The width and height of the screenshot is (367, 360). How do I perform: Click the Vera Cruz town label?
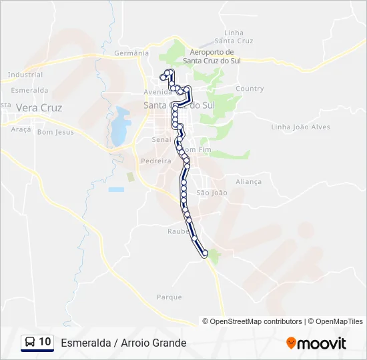[x=39, y=107]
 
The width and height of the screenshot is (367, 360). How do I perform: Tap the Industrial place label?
[x=26, y=75]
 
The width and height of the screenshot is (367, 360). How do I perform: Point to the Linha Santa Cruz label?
[x=238, y=37]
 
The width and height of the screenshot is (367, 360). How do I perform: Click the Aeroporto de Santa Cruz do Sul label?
[x=212, y=56]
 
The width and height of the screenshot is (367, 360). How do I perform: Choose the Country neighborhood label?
[x=250, y=89]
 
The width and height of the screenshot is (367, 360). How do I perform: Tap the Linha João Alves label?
[x=300, y=127]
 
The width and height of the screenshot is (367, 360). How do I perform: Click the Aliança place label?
[x=249, y=181]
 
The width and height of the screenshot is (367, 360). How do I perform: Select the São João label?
[x=212, y=193]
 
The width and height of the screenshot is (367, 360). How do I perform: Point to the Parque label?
[x=169, y=297]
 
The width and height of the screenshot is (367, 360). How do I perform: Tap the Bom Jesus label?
[x=55, y=132]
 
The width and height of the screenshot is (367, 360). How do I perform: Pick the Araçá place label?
[x=21, y=129]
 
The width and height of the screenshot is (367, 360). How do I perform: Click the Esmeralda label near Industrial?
[x=29, y=90]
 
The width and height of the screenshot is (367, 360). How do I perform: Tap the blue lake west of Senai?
[x=120, y=125]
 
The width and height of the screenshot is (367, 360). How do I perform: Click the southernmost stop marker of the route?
[x=205, y=253]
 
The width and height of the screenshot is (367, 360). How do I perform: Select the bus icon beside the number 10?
[x=30, y=343]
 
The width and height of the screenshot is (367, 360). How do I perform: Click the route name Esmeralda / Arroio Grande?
[x=123, y=343]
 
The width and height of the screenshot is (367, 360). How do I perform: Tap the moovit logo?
[x=316, y=343]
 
